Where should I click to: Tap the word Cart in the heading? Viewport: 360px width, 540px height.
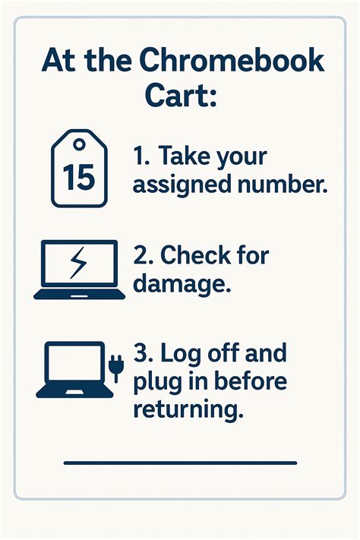click(x=179, y=97)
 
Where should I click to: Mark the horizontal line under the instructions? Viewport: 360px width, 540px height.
click(x=180, y=462)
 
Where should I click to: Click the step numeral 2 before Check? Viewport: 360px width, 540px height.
click(x=142, y=256)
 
